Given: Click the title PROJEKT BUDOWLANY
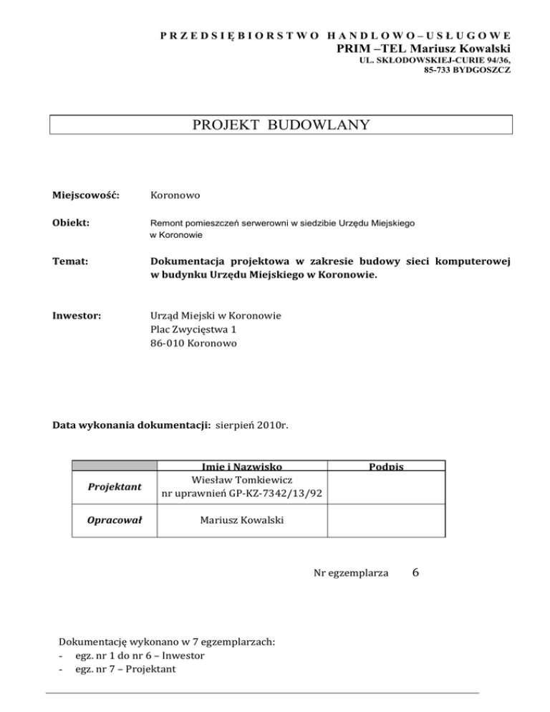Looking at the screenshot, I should coord(281,125).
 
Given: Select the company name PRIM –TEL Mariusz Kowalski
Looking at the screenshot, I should coord(423,49).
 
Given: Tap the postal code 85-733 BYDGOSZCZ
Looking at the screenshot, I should coord(467,72).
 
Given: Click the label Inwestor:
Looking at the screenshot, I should coord(77,315).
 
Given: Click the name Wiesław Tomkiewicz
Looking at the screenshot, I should coord(243,480).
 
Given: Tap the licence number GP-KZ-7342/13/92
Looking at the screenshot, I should coord(265,494).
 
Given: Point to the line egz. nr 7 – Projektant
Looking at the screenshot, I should coord(120,669).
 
